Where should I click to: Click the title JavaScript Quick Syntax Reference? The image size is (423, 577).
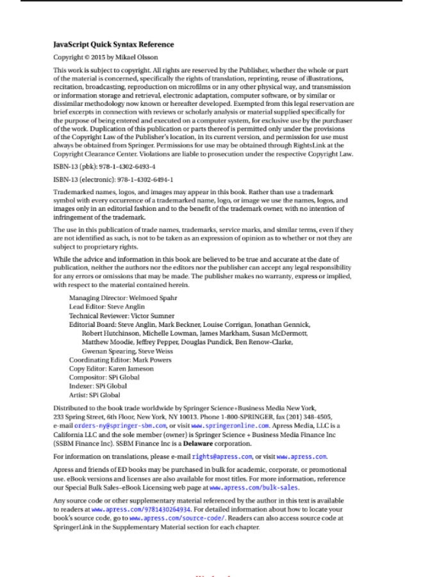point(113,45)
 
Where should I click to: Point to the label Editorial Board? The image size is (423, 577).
point(92,325)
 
